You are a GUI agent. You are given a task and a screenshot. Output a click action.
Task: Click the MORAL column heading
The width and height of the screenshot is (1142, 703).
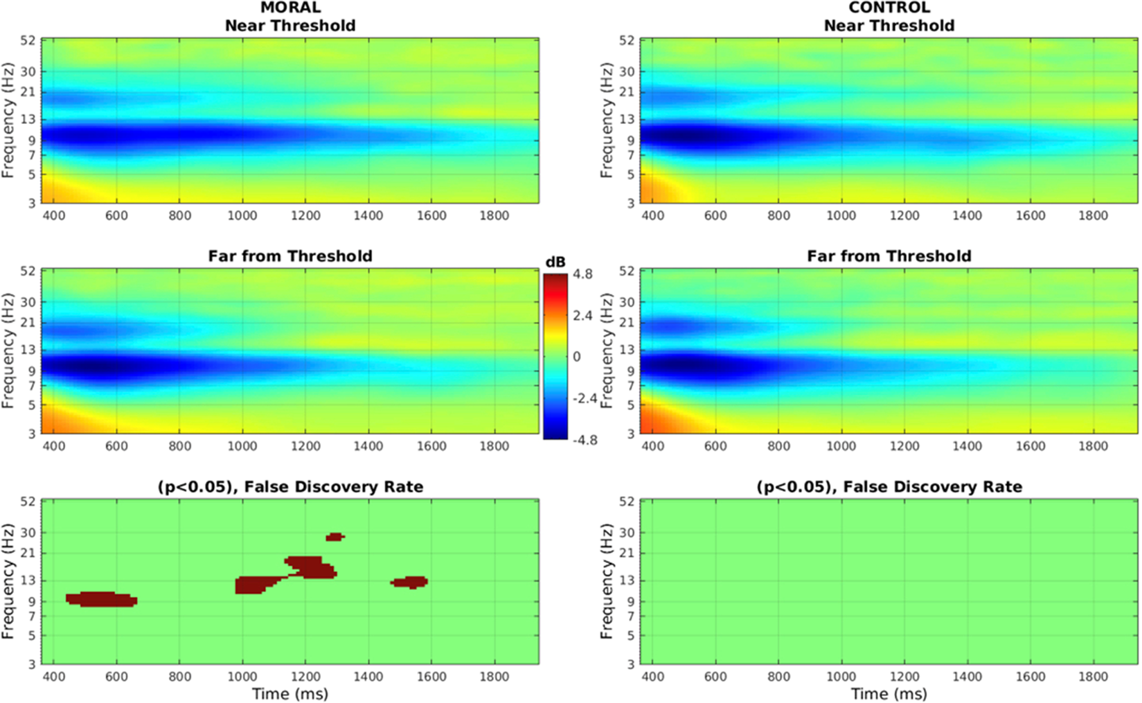click(290, 8)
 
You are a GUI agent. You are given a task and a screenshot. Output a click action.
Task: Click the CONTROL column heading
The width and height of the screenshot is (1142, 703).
click(889, 8)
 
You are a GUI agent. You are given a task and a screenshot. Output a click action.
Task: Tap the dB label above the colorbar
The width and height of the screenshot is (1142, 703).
click(555, 262)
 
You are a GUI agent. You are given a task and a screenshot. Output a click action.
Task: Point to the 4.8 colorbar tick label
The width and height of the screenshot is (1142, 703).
click(583, 274)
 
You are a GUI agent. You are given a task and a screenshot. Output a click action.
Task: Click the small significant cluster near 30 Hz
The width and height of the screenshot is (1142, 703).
click(335, 537)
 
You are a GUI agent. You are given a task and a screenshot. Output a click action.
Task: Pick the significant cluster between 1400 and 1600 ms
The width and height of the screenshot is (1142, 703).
click(410, 582)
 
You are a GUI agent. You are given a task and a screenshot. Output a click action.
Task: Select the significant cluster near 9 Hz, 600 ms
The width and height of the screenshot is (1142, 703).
click(100, 599)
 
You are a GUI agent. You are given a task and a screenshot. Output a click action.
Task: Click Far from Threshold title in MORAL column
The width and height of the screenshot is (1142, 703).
click(290, 256)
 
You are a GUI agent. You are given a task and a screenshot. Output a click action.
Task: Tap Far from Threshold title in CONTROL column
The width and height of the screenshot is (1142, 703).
click(889, 256)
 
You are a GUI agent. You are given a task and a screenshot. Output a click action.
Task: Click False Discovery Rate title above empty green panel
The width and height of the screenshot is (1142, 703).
click(889, 487)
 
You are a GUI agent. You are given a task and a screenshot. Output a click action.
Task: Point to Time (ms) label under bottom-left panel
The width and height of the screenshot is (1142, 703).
click(290, 693)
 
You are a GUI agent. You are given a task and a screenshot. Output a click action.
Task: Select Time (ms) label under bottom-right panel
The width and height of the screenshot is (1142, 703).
click(889, 693)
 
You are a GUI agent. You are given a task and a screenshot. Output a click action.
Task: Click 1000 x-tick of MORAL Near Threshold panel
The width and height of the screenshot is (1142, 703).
click(242, 215)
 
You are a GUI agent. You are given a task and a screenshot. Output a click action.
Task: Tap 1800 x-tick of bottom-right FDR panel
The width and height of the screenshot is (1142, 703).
click(1093, 677)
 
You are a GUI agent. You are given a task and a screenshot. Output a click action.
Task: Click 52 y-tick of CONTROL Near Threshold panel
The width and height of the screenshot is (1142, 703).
click(627, 40)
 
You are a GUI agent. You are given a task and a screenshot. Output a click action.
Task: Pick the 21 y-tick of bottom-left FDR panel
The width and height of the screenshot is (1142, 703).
click(28, 553)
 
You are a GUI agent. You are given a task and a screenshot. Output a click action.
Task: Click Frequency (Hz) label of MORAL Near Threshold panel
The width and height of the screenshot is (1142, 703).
click(8, 121)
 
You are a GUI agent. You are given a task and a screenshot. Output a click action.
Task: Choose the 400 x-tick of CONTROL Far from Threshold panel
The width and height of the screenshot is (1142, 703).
click(652, 446)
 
